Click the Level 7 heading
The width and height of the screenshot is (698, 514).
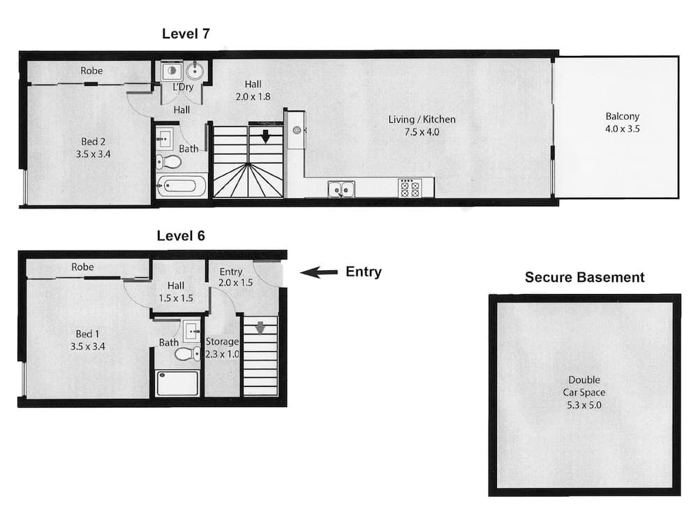click(x=186, y=33)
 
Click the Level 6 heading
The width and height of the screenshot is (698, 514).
click(x=180, y=235)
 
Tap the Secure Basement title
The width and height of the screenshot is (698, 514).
click(x=584, y=277)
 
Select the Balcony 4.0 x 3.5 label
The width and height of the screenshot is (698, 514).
click(x=623, y=123)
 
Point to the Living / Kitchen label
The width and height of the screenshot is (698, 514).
click(x=422, y=125)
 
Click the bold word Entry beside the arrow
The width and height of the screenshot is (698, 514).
click(x=364, y=272)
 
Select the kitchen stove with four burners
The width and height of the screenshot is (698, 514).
click(x=409, y=188)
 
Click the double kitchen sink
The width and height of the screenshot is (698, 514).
click(x=341, y=189)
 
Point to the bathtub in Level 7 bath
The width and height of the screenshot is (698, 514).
click(x=181, y=187)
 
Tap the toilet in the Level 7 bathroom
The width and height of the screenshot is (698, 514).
click(x=170, y=162)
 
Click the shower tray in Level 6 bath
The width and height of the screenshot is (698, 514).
click(x=178, y=383)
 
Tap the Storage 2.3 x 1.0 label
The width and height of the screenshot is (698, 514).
click(x=223, y=348)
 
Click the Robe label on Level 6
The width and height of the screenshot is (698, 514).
click(x=82, y=267)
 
